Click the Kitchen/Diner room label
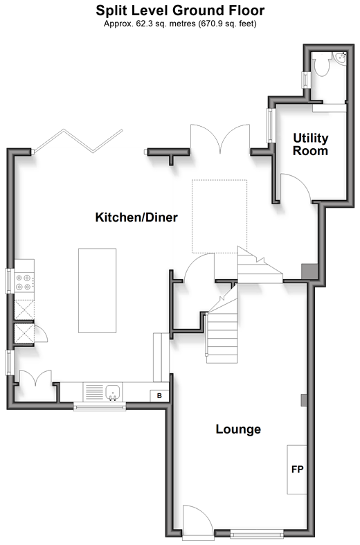click(136, 217)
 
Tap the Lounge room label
click(238, 429)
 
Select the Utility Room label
click(310, 144)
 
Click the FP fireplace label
click(297, 470)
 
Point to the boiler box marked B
click(159, 395)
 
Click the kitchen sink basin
click(113, 393)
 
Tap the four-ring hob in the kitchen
click(24, 283)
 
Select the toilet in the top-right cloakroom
click(321, 64)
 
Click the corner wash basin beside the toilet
click(339, 58)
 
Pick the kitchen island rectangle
click(98, 290)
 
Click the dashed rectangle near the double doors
click(219, 216)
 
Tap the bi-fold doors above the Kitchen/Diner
click(78, 141)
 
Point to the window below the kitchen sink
click(100, 406)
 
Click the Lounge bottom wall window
click(257, 533)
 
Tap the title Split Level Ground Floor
click(180, 10)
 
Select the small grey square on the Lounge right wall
click(304, 400)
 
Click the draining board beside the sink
click(94, 392)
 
